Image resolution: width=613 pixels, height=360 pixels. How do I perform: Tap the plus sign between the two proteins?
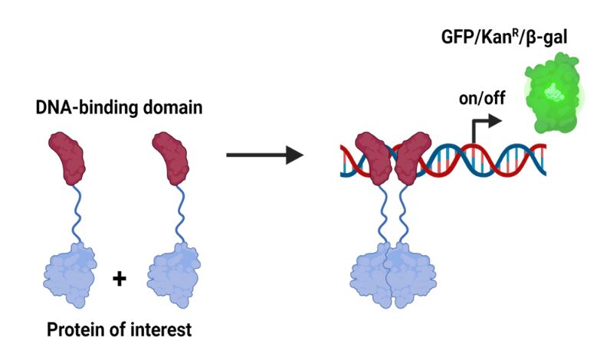coord(119,278)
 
